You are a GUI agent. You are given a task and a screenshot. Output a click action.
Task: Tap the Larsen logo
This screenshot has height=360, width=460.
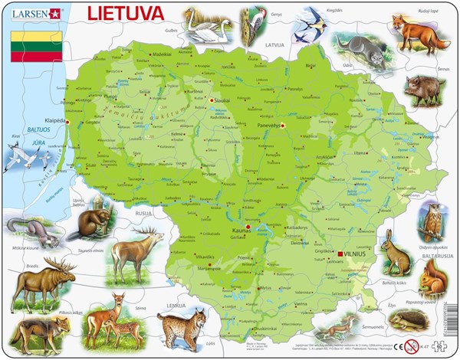click(31, 13)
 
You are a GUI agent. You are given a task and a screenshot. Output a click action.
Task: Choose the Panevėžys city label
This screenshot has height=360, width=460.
click(267, 121)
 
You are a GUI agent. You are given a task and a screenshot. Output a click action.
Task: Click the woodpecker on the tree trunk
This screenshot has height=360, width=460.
click(251, 25)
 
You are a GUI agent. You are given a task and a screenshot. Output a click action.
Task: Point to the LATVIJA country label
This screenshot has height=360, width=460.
click(274, 45)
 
